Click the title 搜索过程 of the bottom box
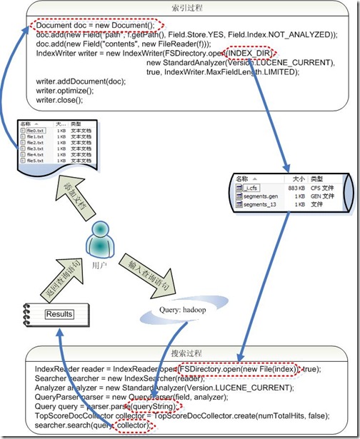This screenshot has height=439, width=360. pos(188,355)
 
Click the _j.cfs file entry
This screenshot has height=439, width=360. pos(255,187)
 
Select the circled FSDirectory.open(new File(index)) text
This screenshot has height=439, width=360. pos(236,369)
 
